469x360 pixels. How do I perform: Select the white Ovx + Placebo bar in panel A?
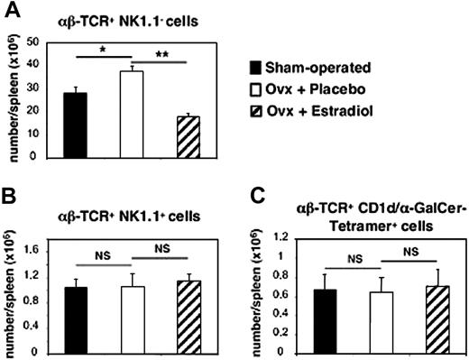[133, 114]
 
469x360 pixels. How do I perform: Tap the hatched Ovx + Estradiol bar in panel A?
[188, 136]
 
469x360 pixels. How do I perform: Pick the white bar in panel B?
[133, 314]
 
